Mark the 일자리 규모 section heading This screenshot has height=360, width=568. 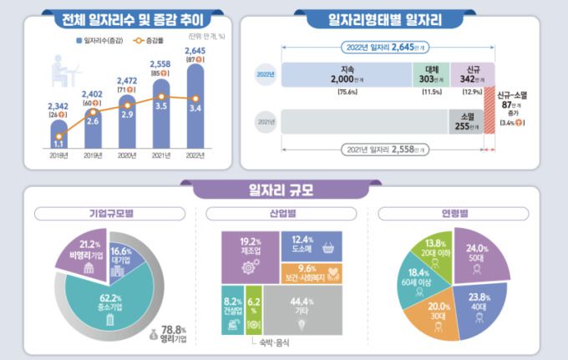(x=287, y=190)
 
